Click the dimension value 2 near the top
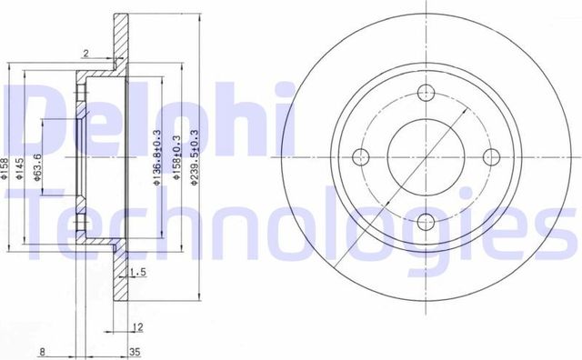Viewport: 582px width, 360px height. tap(85, 55)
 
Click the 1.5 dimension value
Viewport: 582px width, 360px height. tap(139, 272)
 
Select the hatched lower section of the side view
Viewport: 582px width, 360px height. tap(117, 282)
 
